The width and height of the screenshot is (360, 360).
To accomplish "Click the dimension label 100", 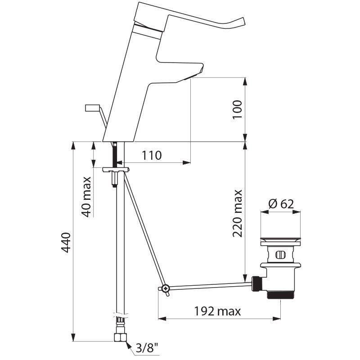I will pyautogui.click(x=238, y=109).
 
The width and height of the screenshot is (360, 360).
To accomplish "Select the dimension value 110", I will pyautogui.click(x=152, y=156).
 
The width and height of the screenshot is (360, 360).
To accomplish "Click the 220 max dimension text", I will pyautogui.click(x=238, y=213).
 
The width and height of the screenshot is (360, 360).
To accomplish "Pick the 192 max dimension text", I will pyautogui.click(x=217, y=311).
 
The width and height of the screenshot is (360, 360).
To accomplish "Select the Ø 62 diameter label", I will pyautogui.click(x=281, y=204).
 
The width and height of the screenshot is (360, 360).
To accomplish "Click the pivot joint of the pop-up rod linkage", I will pyautogui.click(x=166, y=288).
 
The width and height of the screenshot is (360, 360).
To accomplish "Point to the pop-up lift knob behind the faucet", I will pyautogui.click(x=92, y=108).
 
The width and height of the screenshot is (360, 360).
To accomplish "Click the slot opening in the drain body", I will pyautogui.click(x=280, y=255).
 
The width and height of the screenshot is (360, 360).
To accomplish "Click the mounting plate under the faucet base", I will pyautogui.click(x=116, y=170).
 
